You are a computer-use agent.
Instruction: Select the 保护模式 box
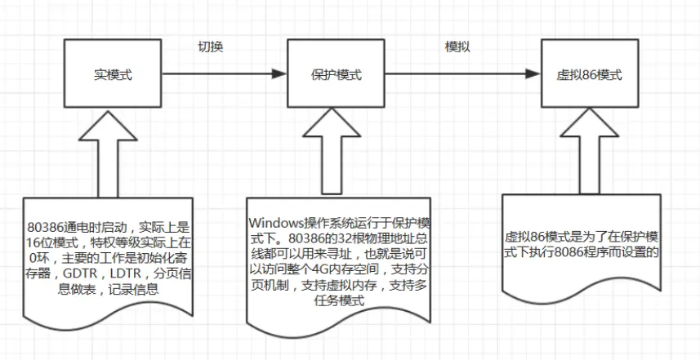pyautogui.click(x=337, y=75)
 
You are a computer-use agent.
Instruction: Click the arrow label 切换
pyautogui.click(x=211, y=47)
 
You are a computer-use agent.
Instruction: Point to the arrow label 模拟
pyautogui.click(x=457, y=47)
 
